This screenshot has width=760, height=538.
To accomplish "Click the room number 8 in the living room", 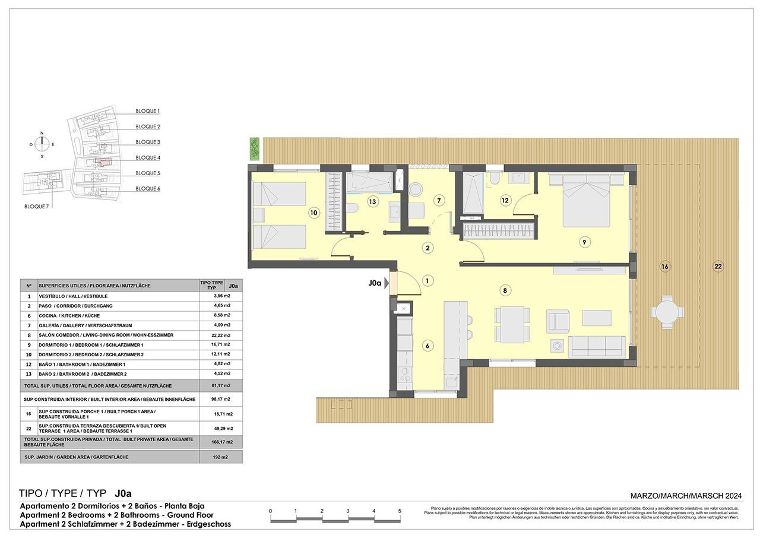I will tap(504, 290).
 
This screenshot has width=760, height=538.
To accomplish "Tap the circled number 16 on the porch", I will tap(664, 267).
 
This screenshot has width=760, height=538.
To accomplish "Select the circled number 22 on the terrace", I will tap(718, 267).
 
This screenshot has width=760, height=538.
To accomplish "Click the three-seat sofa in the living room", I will tap(597, 346).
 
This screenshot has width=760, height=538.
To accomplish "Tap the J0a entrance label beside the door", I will tap(374, 283).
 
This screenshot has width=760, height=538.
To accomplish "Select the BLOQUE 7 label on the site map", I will tap(37, 206).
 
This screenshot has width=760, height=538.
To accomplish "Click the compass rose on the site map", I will tap(42, 144).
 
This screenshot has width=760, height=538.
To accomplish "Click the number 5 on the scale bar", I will tap(400, 511).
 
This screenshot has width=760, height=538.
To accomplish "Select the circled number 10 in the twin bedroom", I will tap(313, 212).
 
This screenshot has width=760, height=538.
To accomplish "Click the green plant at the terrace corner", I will tap(255, 148).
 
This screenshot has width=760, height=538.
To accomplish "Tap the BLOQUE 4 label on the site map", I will tap(148, 157).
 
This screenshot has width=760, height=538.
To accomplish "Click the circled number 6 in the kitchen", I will tap(426, 346).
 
